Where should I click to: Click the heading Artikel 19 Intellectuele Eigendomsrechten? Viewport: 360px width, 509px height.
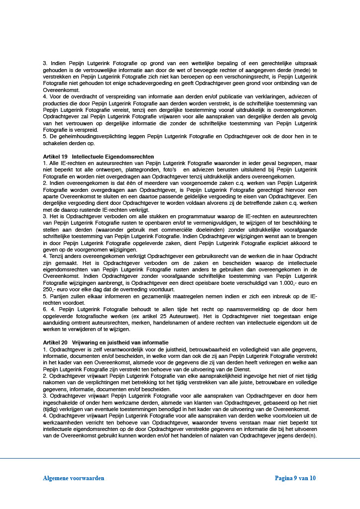[x=98, y=157]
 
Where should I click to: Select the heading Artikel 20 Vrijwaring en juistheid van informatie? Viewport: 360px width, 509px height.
[x=106, y=342]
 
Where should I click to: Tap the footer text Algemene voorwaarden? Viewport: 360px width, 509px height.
[x=74, y=478]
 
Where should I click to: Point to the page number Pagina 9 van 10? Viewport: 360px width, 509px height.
[x=295, y=478]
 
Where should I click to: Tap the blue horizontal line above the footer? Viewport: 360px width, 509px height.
[x=180, y=458]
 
